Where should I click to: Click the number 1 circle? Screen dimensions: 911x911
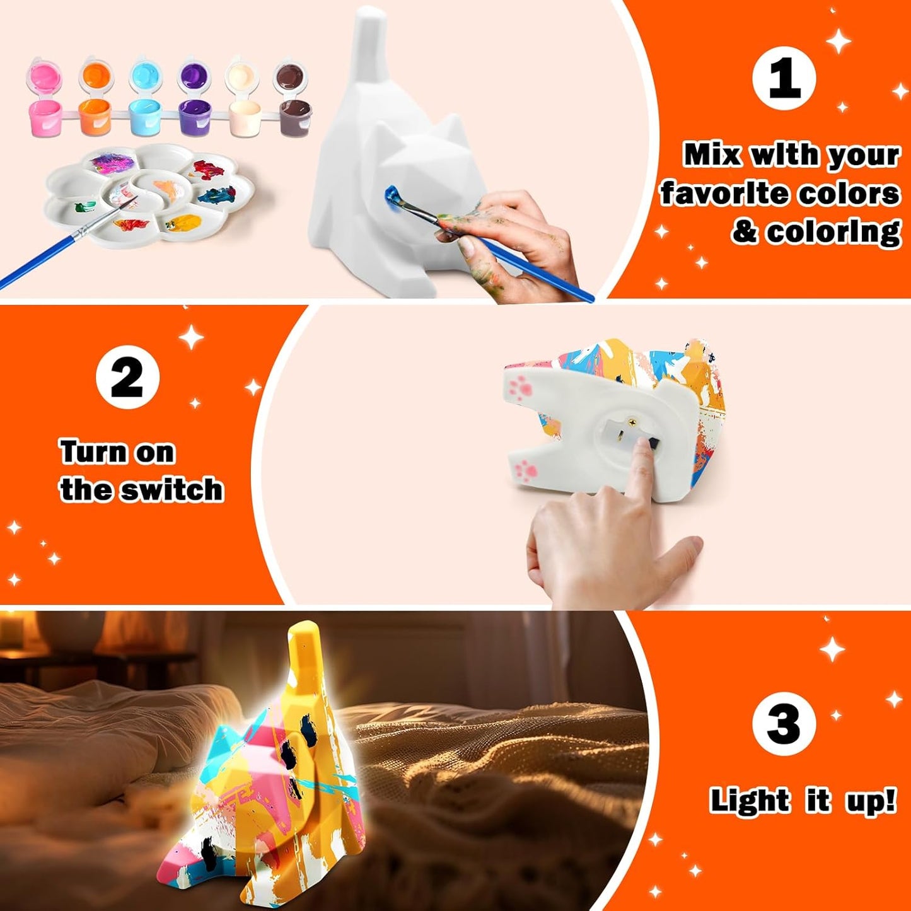[784, 78]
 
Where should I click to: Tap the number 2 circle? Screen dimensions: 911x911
[128, 377]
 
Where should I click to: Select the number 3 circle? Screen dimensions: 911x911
[784, 723]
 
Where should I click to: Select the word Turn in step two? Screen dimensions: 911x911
[93, 452]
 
